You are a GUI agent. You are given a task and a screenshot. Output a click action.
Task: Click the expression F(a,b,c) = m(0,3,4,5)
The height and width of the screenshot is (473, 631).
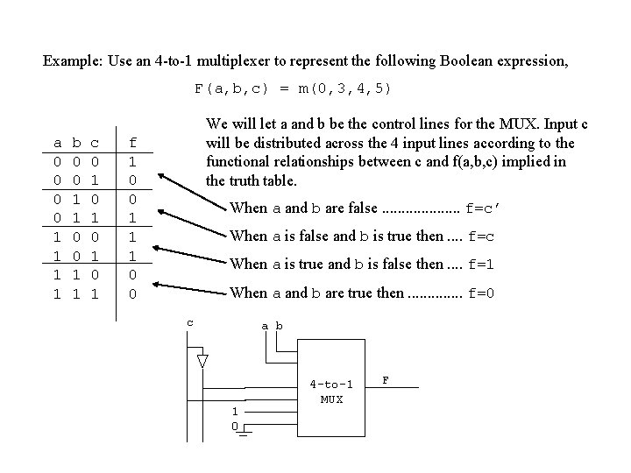[x=294, y=88]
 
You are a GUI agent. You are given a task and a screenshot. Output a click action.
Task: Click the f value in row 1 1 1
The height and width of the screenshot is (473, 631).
[x=132, y=293]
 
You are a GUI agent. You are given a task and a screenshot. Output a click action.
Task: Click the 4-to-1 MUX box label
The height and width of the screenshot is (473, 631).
[x=331, y=392]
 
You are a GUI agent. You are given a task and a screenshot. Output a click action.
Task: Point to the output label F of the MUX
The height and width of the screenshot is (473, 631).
[x=386, y=380]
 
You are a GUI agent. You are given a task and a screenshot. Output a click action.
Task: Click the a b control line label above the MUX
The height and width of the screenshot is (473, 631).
[x=273, y=326]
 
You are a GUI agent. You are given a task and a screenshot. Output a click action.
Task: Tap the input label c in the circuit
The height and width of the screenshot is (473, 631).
[x=191, y=322]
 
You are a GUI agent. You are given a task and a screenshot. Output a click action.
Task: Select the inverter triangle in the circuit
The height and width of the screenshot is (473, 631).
[x=202, y=361]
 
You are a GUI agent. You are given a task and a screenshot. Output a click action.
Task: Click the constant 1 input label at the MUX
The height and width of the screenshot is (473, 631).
[x=234, y=412]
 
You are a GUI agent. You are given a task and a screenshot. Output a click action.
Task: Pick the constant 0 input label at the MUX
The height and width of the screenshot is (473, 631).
[x=234, y=426]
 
